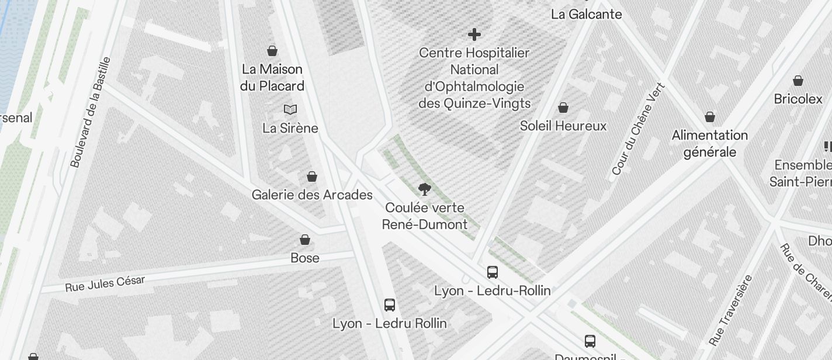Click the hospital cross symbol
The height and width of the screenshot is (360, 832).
click(x=474, y=34)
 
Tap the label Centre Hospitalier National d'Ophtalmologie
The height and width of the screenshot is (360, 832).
click(x=474, y=78)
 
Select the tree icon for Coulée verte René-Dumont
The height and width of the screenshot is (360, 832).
click(x=425, y=189)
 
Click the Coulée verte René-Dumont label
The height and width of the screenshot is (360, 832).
click(x=425, y=216)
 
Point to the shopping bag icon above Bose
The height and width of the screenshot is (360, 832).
click(x=305, y=240)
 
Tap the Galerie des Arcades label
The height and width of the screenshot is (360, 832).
click(x=312, y=195)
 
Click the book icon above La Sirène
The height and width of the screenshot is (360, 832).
click(x=290, y=109)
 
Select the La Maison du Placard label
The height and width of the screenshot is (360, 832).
click(x=272, y=77)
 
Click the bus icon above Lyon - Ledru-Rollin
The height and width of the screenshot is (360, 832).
click(x=493, y=272)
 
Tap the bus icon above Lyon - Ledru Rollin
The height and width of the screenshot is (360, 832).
click(x=390, y=304)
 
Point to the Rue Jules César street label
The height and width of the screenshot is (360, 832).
click(x=105, y=283)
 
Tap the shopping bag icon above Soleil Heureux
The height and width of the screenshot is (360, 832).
click(x=563, y=108)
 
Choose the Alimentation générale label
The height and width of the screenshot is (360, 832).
click(x=709, y=143)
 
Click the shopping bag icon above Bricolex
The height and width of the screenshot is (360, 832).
click(x=798, y=81)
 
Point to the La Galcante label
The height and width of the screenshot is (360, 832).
click(x=586, y=14)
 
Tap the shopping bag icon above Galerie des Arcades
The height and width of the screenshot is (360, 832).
click(x=312, y=176)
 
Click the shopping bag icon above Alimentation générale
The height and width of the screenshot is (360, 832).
click(x=709, y=117)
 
